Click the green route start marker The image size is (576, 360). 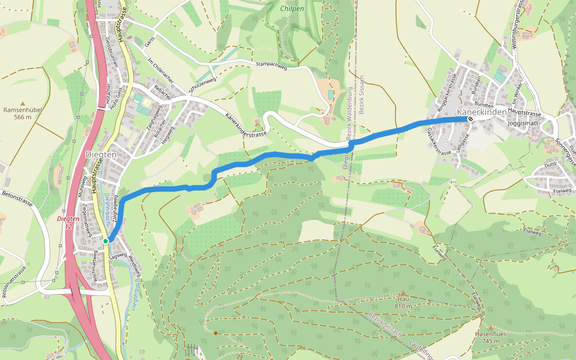click(106, 241)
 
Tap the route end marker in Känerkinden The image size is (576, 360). click(470, 118)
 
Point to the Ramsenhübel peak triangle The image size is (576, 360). click(23, 103)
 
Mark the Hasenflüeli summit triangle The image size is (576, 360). click(490, 328)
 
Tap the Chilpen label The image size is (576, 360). click(293, 9)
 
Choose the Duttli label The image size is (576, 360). click(550, 164)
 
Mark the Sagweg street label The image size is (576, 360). click(118, 256)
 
